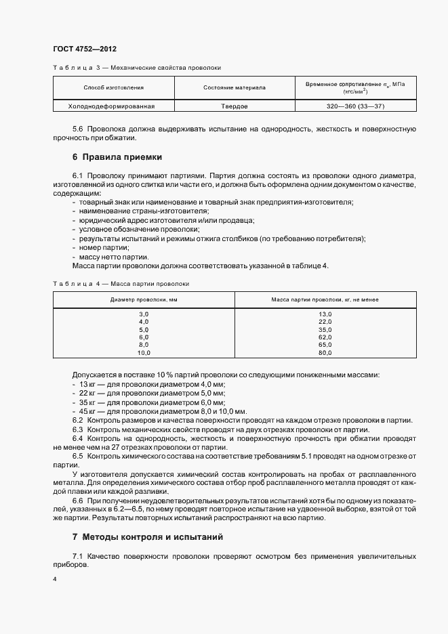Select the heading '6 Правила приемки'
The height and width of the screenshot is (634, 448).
coord(117,157)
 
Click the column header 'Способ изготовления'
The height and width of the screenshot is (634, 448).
coord(113,87)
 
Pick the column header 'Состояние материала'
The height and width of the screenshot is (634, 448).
coord(235,87)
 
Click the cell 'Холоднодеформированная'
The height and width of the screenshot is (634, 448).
coord(113,106)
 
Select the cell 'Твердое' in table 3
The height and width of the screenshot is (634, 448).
coord(235,106)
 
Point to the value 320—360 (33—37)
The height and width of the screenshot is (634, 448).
coord(355,106)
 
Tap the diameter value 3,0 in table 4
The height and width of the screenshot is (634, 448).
coord(144,314)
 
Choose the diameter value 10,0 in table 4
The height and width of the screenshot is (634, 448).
coord(144,353)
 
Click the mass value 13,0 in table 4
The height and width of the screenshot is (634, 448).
coord(325,314)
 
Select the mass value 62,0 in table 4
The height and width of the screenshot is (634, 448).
coord(325,337)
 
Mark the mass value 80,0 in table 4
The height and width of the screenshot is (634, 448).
coord(325,353)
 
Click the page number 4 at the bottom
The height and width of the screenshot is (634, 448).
coord(54,580)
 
